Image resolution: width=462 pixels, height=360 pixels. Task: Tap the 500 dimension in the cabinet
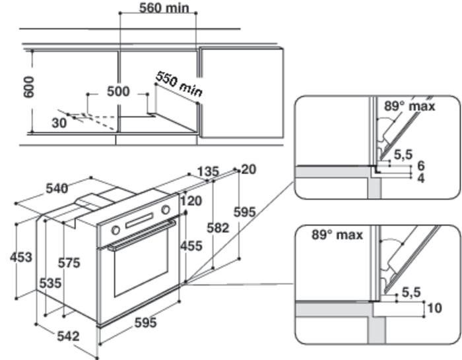[119, 91]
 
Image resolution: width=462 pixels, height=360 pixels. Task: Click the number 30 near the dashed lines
[59, 122]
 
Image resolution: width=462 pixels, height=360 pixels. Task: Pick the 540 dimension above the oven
[57, 189]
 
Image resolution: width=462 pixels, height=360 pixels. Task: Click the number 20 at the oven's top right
[249, 169]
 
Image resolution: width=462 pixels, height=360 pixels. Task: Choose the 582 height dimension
[217, 227]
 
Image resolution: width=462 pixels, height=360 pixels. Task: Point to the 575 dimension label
[68, 262]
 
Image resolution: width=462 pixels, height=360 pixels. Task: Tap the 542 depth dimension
[68, 336]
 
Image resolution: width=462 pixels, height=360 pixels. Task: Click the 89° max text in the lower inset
[337, 235]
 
